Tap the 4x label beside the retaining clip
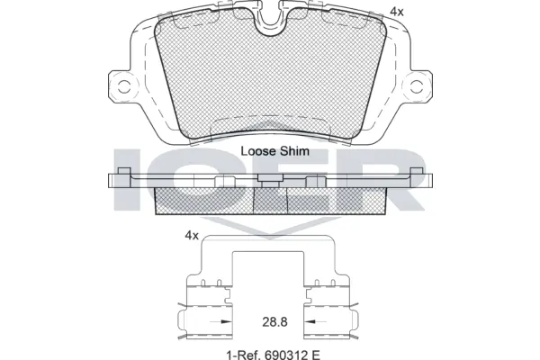(x=191, y=235)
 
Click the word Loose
(x=259, y=152)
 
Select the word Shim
(x=294, y=152)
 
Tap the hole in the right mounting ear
(x=416, y=86)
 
